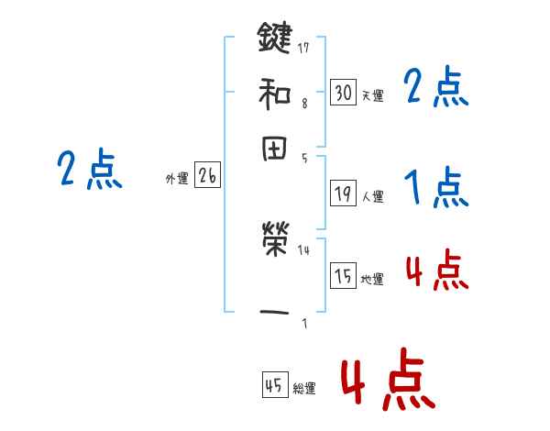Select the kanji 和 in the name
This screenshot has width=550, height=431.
coord(275,93)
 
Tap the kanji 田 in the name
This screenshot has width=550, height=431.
coord(275,150)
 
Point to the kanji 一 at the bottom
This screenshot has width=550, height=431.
coord(275,312)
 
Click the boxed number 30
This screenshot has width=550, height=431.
coord(343,93)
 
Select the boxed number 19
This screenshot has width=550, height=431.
coord(343,193)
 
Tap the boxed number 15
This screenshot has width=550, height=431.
coord(343,276)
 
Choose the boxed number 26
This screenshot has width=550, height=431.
coord(207,176)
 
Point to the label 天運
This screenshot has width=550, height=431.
coord(372,95)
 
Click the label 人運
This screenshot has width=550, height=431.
coord(372,196)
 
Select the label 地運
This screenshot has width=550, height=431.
coord(372,279)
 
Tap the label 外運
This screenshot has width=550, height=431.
coord(177,180)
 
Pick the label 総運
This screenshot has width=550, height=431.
coord(304,389)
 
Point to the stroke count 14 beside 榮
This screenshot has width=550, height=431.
coord(303,249)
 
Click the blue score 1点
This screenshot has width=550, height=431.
coord(436,188)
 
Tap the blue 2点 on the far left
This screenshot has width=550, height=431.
coord(89,170)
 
